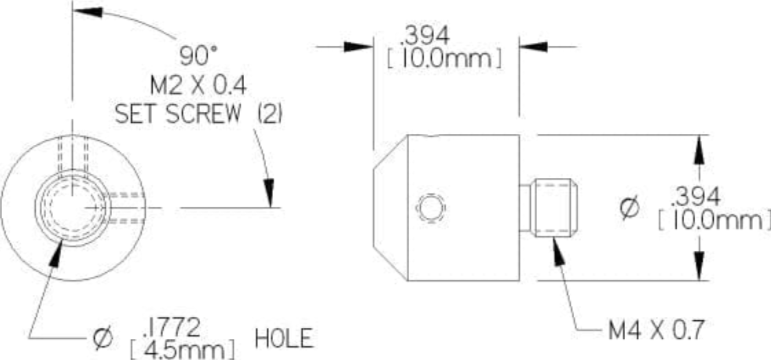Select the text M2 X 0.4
pyautogui.click(x=198, y=86)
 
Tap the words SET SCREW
pyautogui.click(x=178, y=115)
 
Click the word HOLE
pyautogui.click(x=284, y=339)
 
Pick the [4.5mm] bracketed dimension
pyautogui.click(x=181, y=350)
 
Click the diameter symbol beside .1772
pyautogui.click(x=103, y=339)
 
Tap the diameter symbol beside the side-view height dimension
pyautogui.click(x=629, y=208)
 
